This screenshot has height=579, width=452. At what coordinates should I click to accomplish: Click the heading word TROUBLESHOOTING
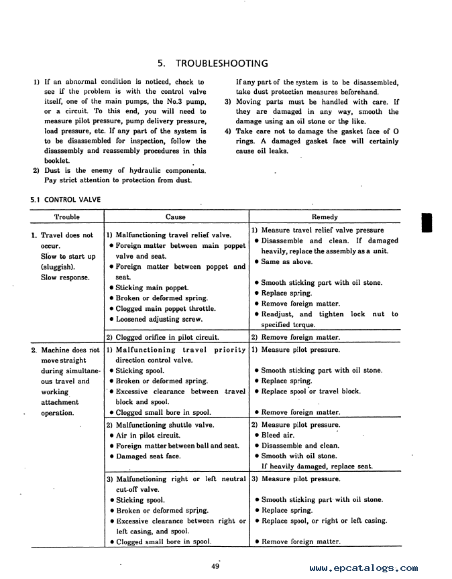point(221,64)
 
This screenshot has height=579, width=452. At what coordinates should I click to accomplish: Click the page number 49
point(215,567)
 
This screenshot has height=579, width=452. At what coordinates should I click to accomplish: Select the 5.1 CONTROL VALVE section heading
point(65,199)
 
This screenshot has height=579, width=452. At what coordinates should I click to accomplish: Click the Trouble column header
point(66,217)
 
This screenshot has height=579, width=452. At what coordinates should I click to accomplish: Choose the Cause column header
point(176,217)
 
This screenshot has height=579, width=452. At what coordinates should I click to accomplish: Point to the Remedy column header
point(325,217)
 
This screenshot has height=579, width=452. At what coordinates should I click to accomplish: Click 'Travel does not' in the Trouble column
point(67,236)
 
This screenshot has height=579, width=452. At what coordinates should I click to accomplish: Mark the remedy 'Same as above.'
point(286,262)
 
